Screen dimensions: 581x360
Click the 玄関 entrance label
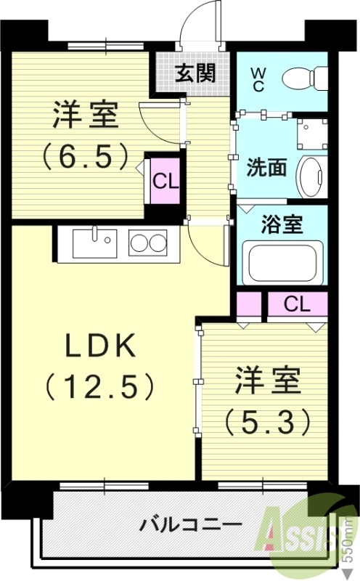pyautogui.click(x=195, y=73)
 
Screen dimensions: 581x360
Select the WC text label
pyautogui.click(x=258, y=78)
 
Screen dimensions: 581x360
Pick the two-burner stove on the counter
pyautogui.click(x=148, y=242)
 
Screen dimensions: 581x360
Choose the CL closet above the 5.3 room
pyautogui.click(x=297, y=304)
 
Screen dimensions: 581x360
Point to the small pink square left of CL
pyautogui.click(x=248, y=304)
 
